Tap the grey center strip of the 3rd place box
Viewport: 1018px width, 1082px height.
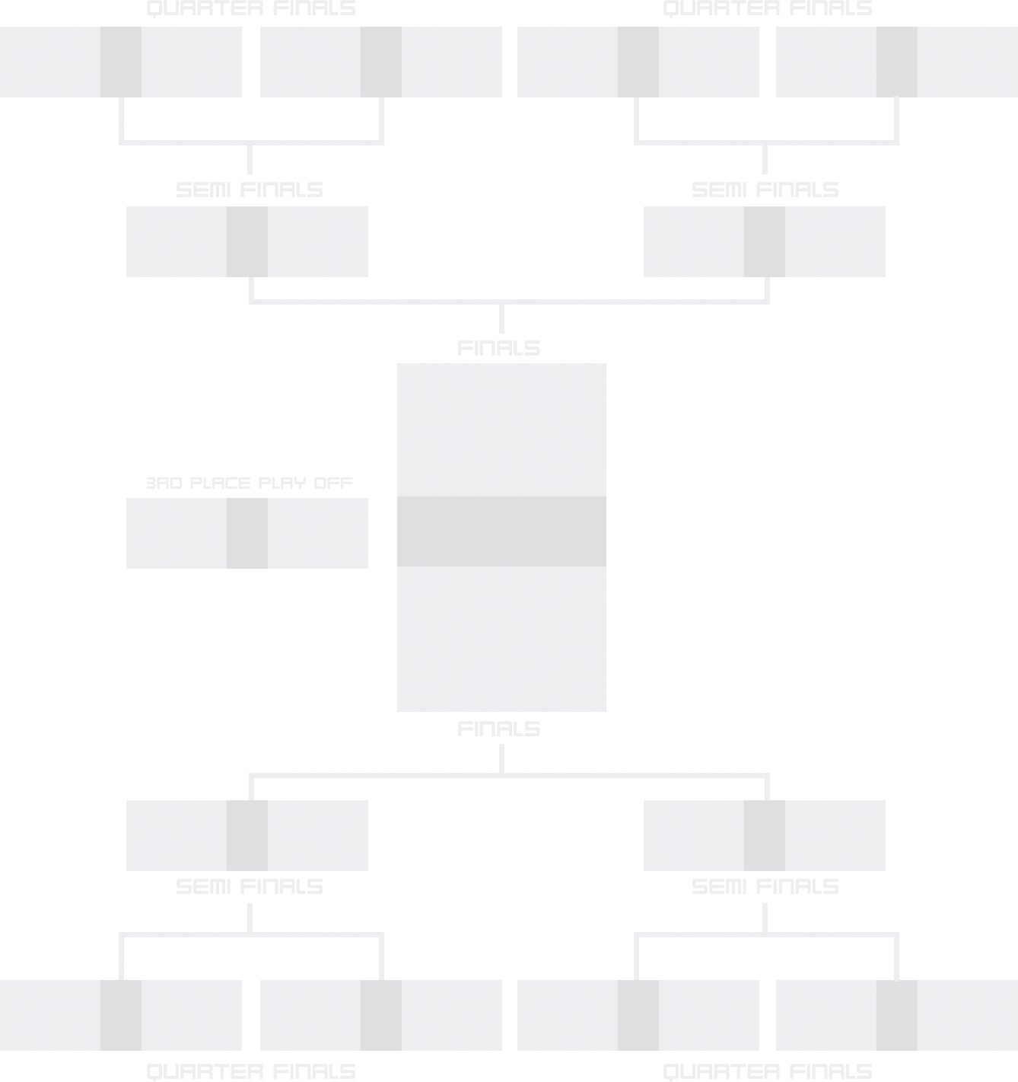(247, 533)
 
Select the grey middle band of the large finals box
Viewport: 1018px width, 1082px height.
(501, 531)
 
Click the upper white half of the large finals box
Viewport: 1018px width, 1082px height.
(501, 430)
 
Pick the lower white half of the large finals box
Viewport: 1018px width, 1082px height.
(501, 639)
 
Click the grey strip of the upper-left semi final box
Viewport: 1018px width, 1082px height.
(247, 241)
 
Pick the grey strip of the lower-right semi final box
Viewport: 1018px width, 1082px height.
(765, 835)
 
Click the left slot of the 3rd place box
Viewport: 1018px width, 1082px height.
(177, 533)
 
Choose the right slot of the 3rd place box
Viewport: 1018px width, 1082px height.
(318, 533)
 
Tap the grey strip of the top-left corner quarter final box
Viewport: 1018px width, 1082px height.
(121, 62)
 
